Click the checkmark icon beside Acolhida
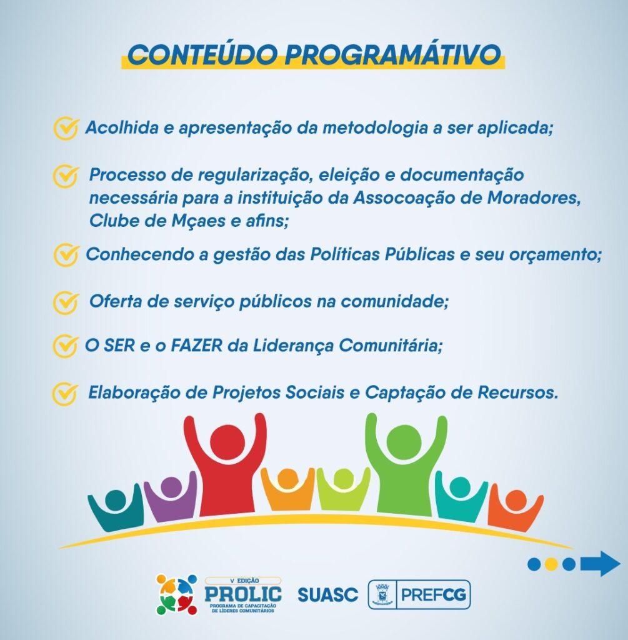pyautogui.click(x=65, y=128)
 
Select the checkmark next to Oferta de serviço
pyautogui.click(x=65, y=302)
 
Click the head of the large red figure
pyautogui.click(x=224, y=441)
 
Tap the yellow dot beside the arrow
pyautogui.click(x=551, y=564)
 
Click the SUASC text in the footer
pyautogui.click(x=327, y=594)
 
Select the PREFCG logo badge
pyautogui.click(x=419, y=594)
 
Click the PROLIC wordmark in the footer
pyautogui.click(x=243, y=593)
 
